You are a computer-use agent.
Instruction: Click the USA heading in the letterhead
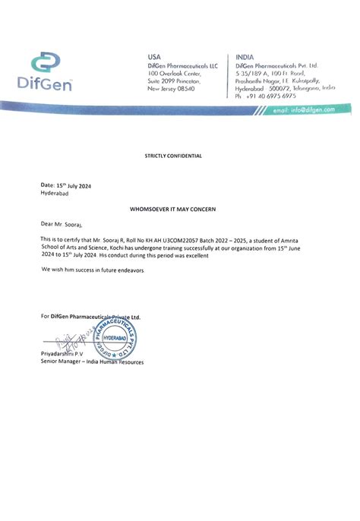(154, 56)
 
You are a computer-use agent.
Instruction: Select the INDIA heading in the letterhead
(245, 56)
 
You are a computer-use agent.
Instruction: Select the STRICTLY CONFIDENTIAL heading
(174, 156)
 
